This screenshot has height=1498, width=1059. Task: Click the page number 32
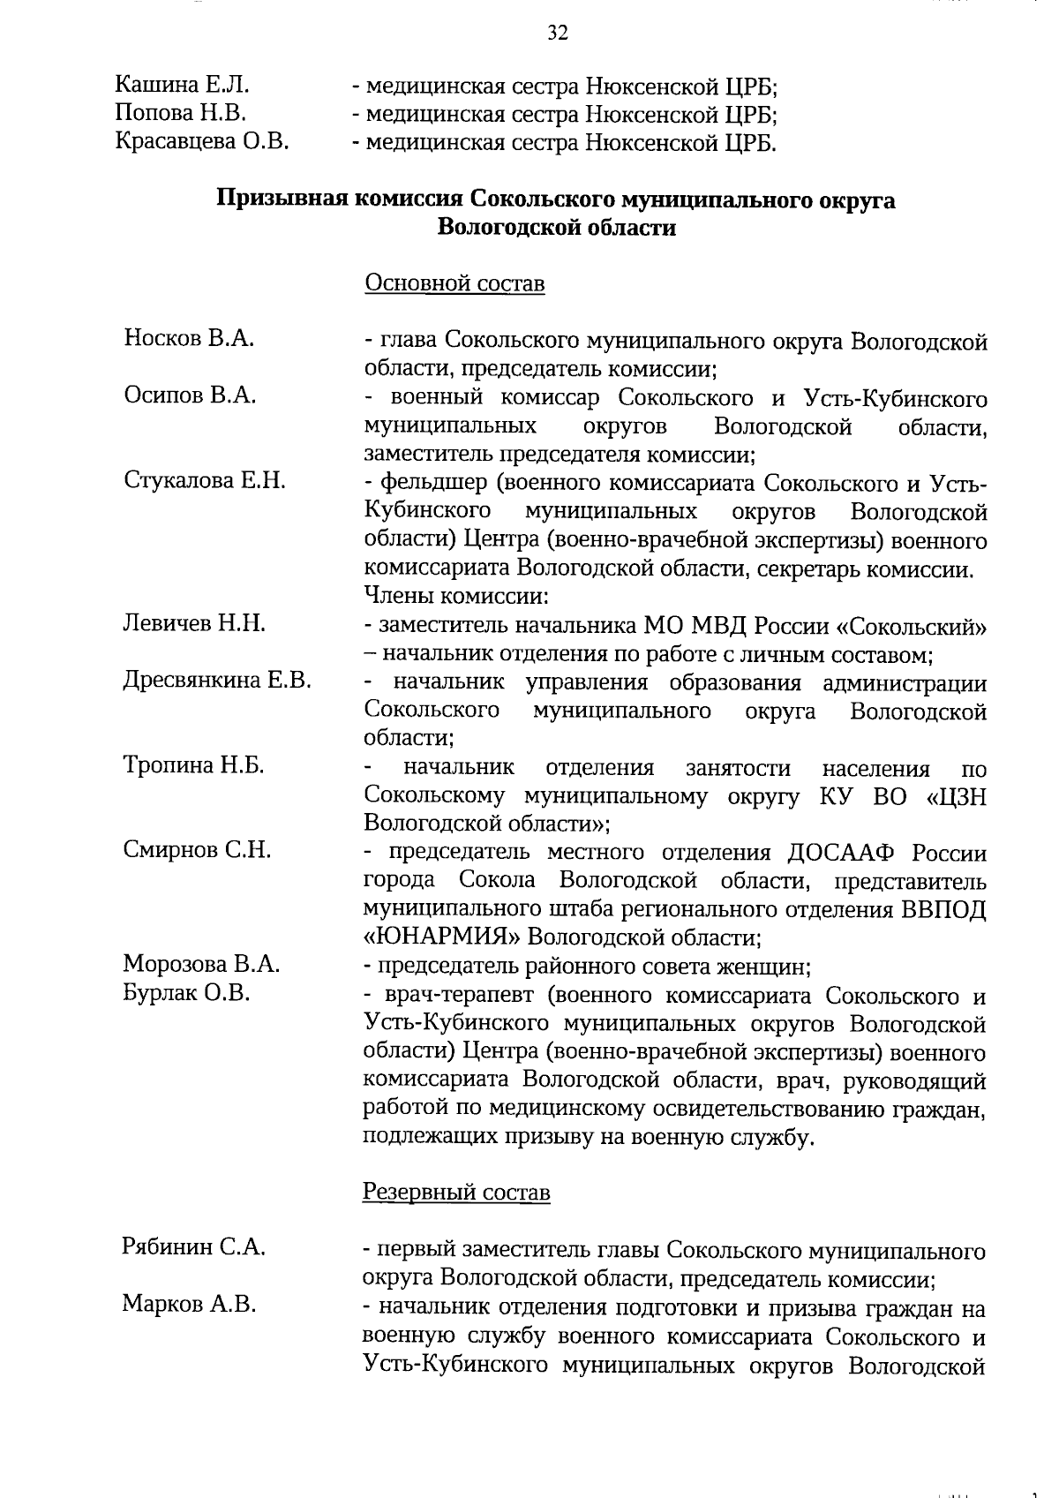pos(558,34)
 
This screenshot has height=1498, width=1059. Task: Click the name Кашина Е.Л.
pos(183,86)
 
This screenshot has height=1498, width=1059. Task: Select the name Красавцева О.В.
pos(202,141)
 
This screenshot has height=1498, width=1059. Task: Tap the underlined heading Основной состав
pos(454,283)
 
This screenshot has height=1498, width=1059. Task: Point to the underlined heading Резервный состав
pos(456,1193)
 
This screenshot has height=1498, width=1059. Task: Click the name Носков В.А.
pos(189,338)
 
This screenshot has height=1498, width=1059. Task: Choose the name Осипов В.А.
pos(190,395)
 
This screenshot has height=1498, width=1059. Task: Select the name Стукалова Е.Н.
pos(205,481)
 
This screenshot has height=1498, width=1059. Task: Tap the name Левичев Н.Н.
pos(194,624)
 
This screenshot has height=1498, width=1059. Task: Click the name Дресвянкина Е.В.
pos(217,681)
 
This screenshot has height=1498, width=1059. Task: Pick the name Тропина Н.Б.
pos(194,766)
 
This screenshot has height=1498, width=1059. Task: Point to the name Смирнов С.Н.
pos(197,851)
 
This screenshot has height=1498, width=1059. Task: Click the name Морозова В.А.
pos(201,964)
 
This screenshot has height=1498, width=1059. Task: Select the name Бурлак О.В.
pos(187,993)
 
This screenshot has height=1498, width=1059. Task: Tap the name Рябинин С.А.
pos(194,1247)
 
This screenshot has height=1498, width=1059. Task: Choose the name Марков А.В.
pos(190,1305)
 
